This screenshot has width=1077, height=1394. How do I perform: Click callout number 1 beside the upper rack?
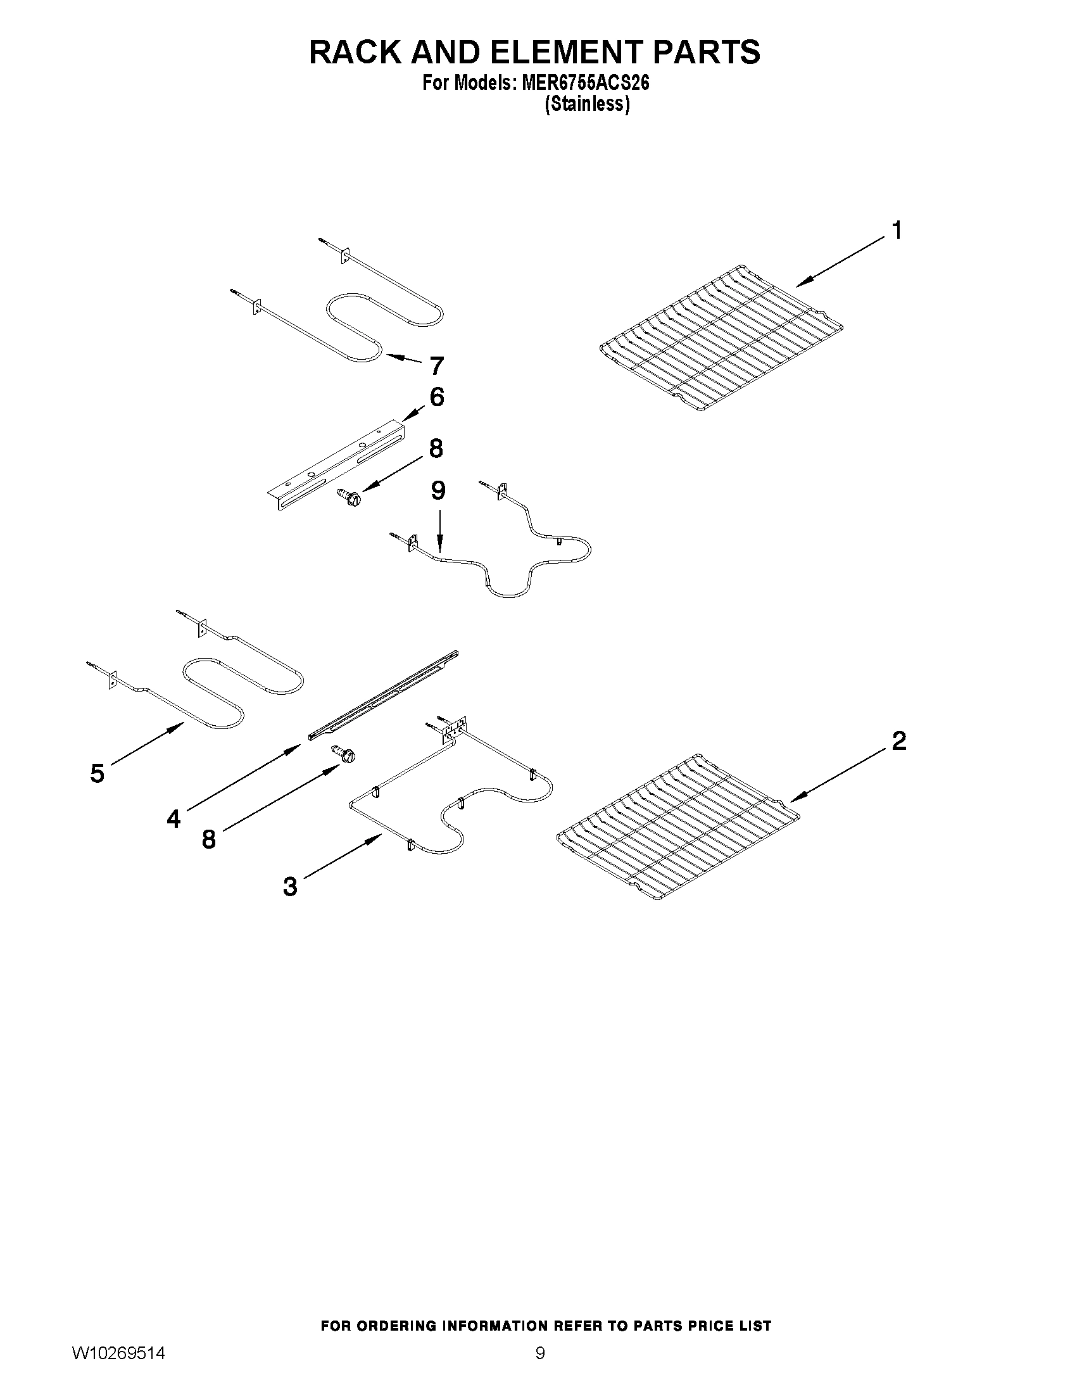897,231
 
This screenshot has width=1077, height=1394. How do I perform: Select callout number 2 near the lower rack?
898,740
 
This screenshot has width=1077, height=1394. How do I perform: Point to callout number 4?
173,818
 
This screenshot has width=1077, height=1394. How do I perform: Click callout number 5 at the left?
97,773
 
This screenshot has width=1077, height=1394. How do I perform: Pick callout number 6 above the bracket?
436,397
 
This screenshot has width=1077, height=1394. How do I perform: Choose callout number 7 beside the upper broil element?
436,366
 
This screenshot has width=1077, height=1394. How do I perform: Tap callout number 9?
438,490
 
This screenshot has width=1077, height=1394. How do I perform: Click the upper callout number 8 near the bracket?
436,448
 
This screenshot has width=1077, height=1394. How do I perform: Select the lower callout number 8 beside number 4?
209,839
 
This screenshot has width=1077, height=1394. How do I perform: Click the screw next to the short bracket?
348,493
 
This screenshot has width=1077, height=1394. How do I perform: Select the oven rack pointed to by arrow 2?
677,827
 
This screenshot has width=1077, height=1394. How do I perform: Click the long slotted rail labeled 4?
383,694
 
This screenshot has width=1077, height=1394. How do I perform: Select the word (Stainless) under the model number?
587,104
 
